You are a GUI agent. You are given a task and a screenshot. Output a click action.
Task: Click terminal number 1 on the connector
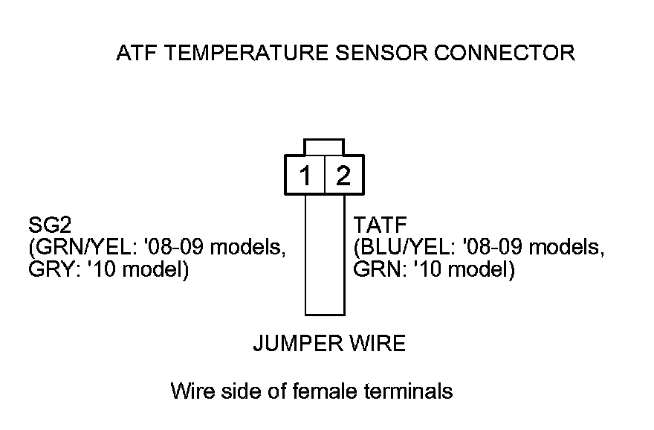pyautogui.click(x=305, y=176)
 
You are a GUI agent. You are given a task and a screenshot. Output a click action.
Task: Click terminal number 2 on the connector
pyautogui.click(x=343, y=176)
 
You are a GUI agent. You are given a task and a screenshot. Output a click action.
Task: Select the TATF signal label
pyautogui.click(x=376, y=225)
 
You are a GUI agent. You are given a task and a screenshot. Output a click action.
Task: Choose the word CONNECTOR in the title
pyautogui.click(x=506, y=54)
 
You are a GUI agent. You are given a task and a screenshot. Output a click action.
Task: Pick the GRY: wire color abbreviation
pyautogui.click(x=48, y=269)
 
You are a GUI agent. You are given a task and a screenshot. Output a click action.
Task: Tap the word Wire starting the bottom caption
pyautogui.click(x=190, y=390)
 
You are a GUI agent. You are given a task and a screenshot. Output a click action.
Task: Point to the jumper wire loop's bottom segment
pyautogui.click(x=325, y=315)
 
